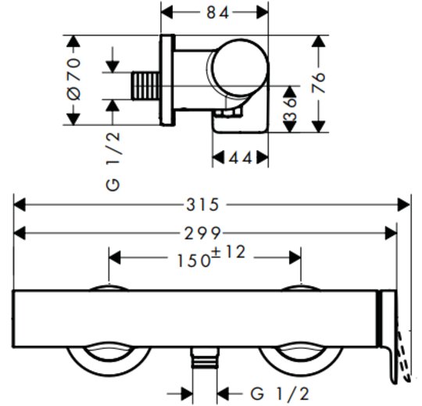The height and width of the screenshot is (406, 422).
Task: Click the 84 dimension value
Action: (x=218, y=13)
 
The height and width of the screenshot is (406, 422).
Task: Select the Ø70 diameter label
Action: (x=73, y=79)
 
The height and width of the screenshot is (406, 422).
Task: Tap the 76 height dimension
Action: (x=318, y=83)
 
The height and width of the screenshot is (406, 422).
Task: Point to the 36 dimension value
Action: (x=290, y=109)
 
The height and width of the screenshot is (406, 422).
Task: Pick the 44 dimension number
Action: (x=241, y=158)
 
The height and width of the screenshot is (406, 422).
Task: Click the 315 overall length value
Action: (x=203, y=205)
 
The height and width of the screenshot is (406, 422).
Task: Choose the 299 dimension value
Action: (x=203, y=233)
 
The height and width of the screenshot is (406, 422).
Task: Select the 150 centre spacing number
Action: (x=194, y=260)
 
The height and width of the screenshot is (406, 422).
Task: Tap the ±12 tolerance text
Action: (x=228, y=252)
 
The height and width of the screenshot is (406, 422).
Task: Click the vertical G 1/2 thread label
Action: (x=113, y=162)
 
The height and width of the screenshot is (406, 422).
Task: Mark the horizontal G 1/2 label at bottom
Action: (x=280, y=394)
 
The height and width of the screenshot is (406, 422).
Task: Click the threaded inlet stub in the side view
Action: (x=145, y=86)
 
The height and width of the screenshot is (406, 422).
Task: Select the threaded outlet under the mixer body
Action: (x=205, y=357)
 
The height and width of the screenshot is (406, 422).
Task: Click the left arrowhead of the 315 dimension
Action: (x=20, y=205)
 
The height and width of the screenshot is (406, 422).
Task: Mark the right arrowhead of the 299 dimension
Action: (x=391, y=233)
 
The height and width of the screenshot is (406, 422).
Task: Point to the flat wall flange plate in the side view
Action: (x=167, y=81)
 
